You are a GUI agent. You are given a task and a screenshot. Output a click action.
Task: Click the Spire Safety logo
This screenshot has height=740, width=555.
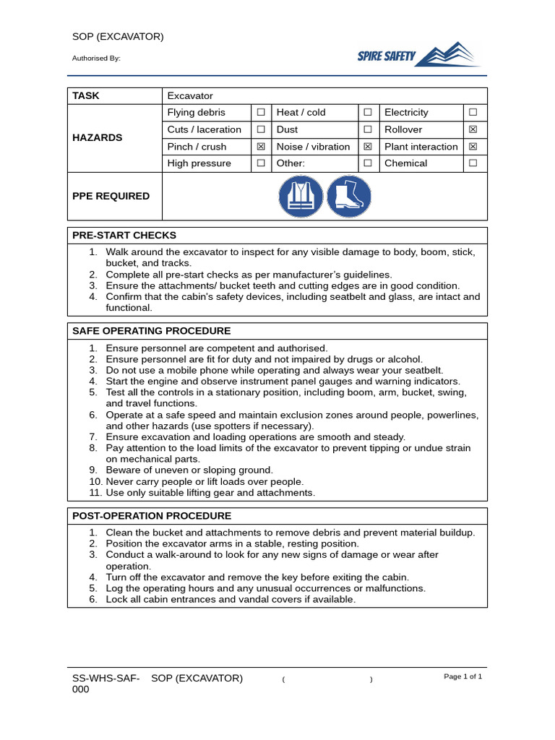click(419, 55)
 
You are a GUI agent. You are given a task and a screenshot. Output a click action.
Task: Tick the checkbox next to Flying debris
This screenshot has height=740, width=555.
click(260, 113)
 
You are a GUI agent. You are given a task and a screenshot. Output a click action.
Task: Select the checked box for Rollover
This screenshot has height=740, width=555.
click(473, 130)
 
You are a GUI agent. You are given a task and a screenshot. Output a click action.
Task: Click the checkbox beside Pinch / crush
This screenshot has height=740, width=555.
click(260, 147)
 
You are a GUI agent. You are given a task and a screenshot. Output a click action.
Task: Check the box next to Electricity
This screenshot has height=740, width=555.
click(473, 113)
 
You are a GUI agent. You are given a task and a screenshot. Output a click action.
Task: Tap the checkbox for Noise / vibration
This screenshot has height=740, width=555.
click(367, 147)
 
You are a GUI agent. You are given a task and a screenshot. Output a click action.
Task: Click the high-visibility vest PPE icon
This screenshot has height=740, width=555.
click(301, 197)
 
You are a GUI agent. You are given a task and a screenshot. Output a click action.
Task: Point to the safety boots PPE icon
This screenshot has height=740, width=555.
click(349, 197)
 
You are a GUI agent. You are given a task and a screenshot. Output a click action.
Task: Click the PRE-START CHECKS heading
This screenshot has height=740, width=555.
click(124, 236)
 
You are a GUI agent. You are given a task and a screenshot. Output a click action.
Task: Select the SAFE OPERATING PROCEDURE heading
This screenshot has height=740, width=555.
click(151, 331)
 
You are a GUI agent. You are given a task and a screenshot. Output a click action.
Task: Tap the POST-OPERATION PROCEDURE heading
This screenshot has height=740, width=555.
click(152, 516)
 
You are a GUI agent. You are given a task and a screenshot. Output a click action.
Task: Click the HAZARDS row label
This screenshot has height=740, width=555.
click(97, 138)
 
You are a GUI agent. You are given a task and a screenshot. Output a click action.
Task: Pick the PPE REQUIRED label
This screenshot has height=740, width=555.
click(111, 197)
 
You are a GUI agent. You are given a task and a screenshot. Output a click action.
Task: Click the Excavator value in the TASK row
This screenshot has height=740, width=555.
click(190, 96)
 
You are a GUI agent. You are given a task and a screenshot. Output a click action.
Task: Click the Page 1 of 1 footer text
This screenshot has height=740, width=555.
click(462, 676)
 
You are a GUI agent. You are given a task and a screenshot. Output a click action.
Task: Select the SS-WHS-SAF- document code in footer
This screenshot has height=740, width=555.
click(106, 679)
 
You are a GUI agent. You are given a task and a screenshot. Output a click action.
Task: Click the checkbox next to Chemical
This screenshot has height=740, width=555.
click(473, 163)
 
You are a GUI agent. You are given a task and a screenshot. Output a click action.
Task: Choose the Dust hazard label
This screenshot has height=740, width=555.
click(287, 130)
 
